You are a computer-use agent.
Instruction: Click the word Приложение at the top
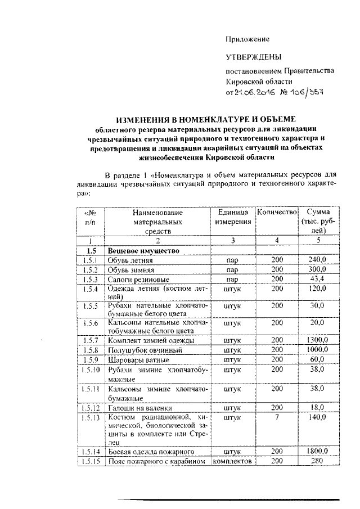tap(247, 39)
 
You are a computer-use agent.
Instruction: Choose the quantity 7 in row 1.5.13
tap(276, 417)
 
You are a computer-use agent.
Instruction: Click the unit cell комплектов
tap(232, 461)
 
